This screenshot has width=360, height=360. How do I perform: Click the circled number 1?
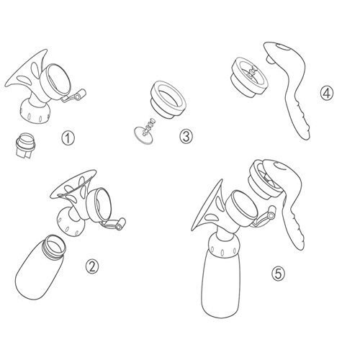(x=68, y=138)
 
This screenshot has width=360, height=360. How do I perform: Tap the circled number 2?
(x=92, y=266)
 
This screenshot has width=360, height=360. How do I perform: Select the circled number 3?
(x=186, y=137)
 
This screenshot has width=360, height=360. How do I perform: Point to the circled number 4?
(x=327, y=93)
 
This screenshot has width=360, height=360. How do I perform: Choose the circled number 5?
(x=279, y=274)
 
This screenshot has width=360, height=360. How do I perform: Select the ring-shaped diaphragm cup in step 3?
(x=168, y=99)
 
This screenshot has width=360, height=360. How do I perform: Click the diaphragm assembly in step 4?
(x=250, y=77)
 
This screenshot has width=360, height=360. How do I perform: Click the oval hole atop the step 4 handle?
(x=283, y=47)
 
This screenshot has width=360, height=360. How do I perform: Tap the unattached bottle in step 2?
(x=41, y=268)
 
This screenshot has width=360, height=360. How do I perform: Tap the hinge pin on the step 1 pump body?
(x=78, y=96)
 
